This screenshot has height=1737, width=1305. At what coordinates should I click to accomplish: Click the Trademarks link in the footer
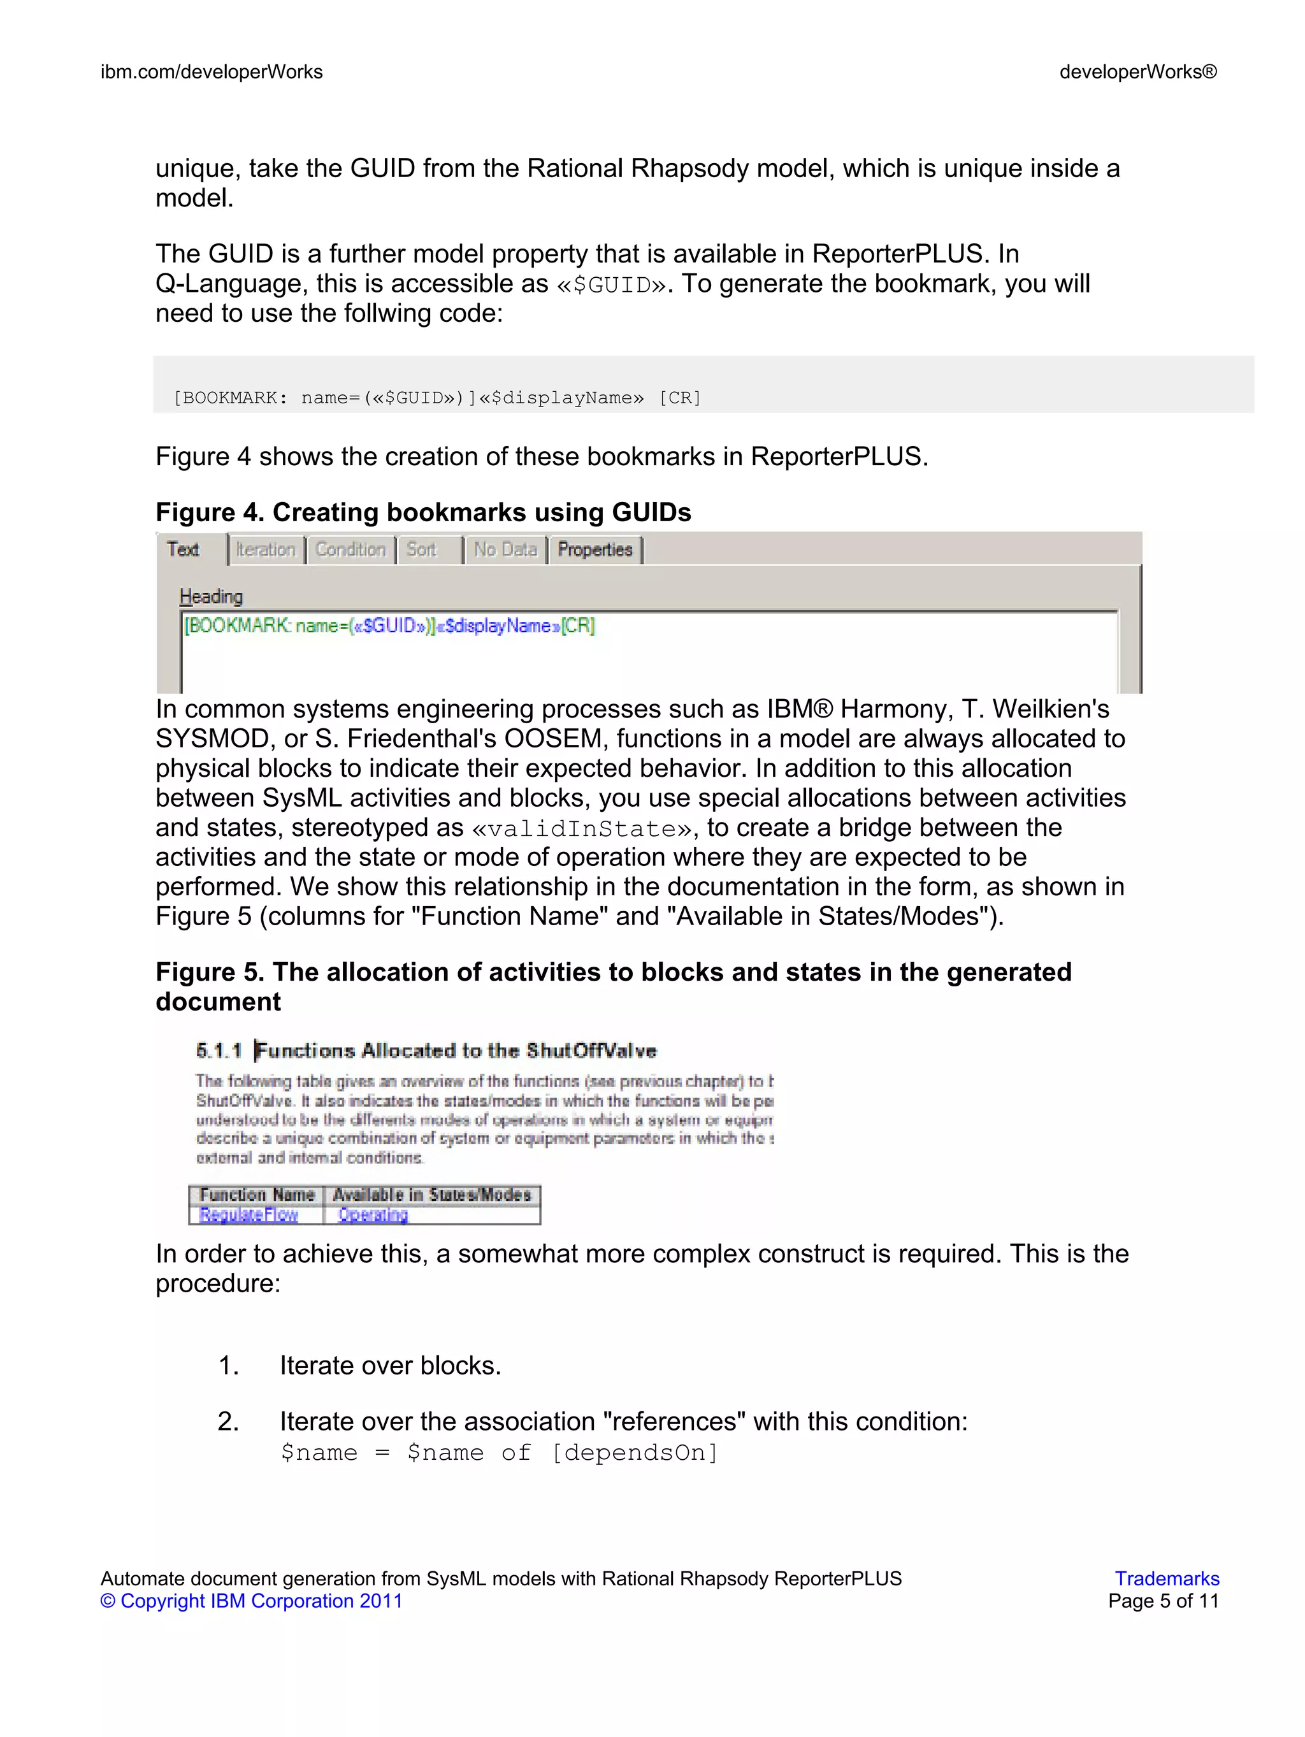1166,1578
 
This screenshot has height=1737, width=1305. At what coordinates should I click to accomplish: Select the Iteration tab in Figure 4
266,550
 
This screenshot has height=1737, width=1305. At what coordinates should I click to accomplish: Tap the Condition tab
350,550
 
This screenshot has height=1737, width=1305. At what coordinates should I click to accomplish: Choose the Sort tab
422,550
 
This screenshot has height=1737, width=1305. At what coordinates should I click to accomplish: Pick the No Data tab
505,550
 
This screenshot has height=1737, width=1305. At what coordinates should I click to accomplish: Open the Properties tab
595,550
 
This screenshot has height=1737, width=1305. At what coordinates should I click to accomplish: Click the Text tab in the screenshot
183,550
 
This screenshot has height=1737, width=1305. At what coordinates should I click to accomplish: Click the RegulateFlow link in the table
249,1214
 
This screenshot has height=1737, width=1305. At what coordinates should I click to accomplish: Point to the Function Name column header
257,1194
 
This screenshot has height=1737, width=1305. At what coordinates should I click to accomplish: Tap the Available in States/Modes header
432,1194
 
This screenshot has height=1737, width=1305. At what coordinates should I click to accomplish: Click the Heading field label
211,597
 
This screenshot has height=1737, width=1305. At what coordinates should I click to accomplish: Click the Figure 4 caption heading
423,513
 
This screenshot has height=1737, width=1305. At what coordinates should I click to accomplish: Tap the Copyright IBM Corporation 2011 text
251,1601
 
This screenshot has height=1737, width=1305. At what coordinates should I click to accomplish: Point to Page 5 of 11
1163,1601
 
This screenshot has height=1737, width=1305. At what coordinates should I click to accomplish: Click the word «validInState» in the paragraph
582,828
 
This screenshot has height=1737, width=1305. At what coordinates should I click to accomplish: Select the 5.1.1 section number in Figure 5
219,1051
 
